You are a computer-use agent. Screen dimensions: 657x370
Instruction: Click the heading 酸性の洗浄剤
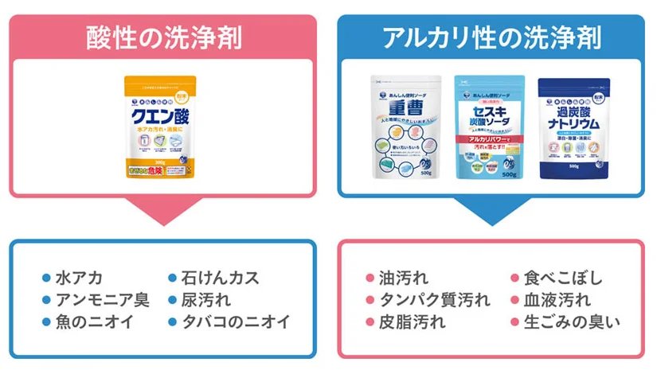pos(163,37)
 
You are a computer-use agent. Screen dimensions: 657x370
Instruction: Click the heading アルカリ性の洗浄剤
pos(491,37)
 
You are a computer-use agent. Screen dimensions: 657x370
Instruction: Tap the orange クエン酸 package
pos(160,127)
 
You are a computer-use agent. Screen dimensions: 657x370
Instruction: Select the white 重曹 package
pos(405,127)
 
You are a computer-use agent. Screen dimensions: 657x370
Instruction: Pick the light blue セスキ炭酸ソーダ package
pos(488,127)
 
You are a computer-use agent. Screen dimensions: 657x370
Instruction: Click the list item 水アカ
pos(78,278)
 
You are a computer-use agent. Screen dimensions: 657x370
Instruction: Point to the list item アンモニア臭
pos(101,300)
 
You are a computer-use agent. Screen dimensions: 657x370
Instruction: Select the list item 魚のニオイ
pos(93,322)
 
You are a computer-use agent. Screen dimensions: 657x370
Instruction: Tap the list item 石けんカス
pos(220,278)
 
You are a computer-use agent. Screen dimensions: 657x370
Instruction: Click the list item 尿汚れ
pos(205,300)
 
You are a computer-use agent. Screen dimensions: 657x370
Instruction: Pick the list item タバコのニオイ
pos(236,322)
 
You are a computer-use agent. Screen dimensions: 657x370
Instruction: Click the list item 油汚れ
pos(403,278)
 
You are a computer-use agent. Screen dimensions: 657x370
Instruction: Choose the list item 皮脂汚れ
pos(411,322)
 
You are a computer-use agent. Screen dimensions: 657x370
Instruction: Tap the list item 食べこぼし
pos(562,278)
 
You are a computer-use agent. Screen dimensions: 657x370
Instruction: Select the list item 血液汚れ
pos(557,300)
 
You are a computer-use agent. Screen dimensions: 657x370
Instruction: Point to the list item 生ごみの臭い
pos(571,322)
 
